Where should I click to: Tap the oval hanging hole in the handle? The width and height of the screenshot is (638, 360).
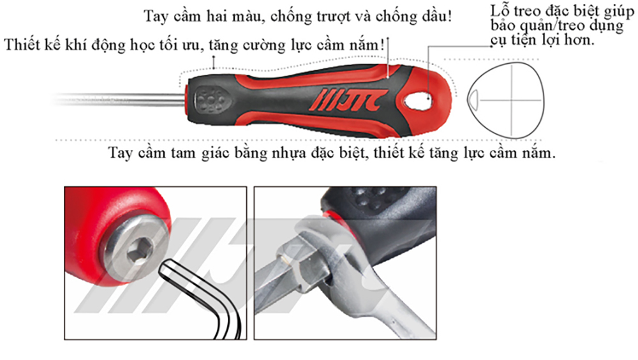419,100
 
